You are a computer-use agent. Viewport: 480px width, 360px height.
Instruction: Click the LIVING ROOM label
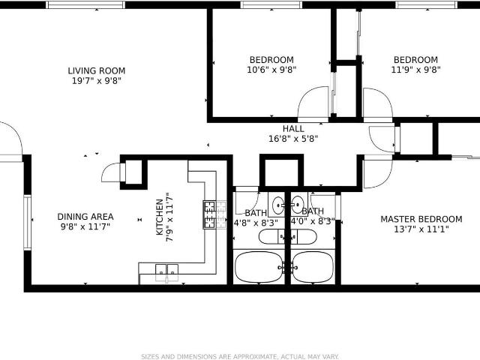[x=97, y=70]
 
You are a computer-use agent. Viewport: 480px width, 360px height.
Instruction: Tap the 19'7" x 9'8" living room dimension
[x=97, y=81]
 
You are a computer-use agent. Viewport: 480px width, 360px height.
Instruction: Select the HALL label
[x=293, y=128]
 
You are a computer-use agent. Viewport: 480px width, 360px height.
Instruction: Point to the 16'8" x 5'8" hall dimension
[x=293, y=139]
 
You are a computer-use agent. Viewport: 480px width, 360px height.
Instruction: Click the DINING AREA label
[x=85, y=217]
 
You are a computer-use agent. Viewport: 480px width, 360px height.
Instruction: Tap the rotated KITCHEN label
[x=160, y=217]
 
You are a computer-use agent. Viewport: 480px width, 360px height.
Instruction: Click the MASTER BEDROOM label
[x=421, y=219]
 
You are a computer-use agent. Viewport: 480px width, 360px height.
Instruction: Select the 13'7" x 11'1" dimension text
[x=421, y=229]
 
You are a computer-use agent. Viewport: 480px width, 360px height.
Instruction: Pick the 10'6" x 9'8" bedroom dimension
[x=271, y=70]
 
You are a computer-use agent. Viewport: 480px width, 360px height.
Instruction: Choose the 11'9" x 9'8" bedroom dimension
[x=415, y=70]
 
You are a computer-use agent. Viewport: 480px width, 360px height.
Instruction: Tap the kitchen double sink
[x=166, y=271]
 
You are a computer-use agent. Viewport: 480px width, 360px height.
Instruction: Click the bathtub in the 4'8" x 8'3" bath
[x=259, y=267]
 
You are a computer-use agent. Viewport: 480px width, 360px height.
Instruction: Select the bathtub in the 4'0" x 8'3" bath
[x=312, y=267]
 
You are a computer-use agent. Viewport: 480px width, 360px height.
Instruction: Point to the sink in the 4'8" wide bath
[x=278, y=204]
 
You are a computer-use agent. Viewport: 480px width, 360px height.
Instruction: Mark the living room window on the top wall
[x=85, y=4]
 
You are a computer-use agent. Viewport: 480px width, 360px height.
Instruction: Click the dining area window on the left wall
[x=27, y=223]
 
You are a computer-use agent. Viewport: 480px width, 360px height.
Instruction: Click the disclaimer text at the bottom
[x=240, y=357]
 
